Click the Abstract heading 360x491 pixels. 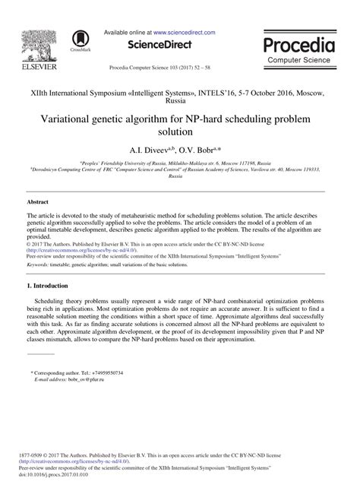[x=37, y=202]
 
